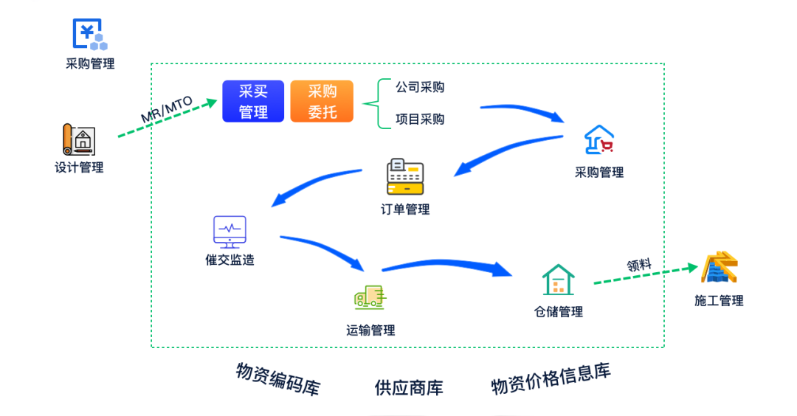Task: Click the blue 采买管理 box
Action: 253,102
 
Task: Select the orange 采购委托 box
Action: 322,102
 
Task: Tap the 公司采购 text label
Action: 420,87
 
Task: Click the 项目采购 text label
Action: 420,119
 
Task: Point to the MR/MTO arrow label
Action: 166,111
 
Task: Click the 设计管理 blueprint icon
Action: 78,139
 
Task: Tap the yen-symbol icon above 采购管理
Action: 89,34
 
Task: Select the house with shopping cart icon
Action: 598,140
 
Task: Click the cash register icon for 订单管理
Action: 405,176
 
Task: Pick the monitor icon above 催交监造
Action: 230,231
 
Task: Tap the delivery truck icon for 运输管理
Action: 370,297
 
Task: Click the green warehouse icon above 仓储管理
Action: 559,280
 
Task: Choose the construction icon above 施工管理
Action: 720,268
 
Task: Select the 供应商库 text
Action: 409,387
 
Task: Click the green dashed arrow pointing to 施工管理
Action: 642,276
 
